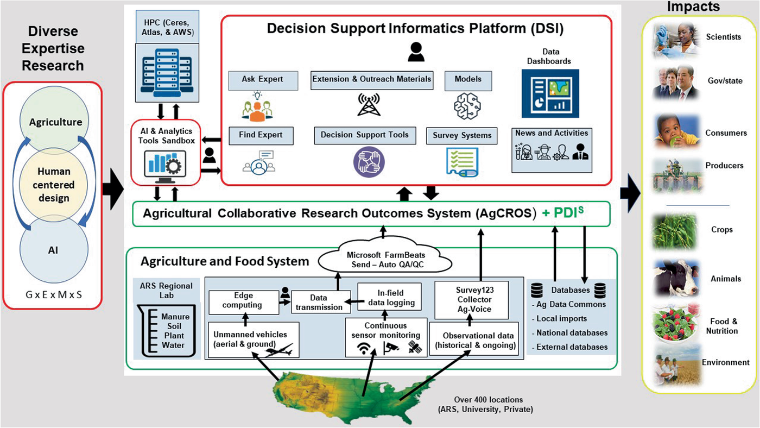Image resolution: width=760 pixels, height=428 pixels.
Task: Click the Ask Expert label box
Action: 263,80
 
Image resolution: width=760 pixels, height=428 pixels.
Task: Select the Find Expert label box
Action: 263,135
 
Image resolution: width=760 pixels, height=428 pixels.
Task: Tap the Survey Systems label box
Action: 462,135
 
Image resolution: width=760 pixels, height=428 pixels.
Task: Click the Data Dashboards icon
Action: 550,93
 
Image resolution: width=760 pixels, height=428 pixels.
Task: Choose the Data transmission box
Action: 318,302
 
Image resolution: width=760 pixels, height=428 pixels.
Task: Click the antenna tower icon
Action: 369,105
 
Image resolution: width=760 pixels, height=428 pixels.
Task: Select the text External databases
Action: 572,347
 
